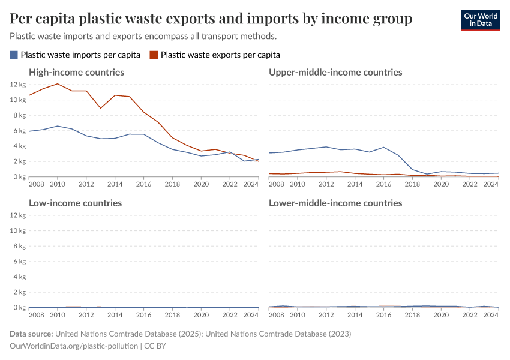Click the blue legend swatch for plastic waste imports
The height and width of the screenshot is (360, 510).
[14, 55]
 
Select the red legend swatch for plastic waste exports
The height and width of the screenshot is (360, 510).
[154, 55]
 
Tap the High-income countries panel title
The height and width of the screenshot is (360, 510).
[77, 72]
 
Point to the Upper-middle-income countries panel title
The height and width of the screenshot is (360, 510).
[335, 72]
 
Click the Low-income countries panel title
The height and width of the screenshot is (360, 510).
[76, 203]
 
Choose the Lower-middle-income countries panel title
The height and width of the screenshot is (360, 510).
[335, 203]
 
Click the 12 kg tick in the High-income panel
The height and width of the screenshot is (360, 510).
[17, 85]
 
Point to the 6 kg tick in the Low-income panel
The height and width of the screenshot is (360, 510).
[19, 262]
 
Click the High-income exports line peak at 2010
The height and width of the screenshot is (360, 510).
[58, 84]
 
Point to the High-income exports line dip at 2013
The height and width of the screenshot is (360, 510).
[101, 108]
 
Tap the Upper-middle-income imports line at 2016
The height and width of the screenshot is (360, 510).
[384, 147]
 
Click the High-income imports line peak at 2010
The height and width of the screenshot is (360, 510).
[58, 126]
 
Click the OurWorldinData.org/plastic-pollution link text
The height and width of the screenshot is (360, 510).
[74, 346]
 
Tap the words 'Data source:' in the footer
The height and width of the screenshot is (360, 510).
[31, 334]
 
